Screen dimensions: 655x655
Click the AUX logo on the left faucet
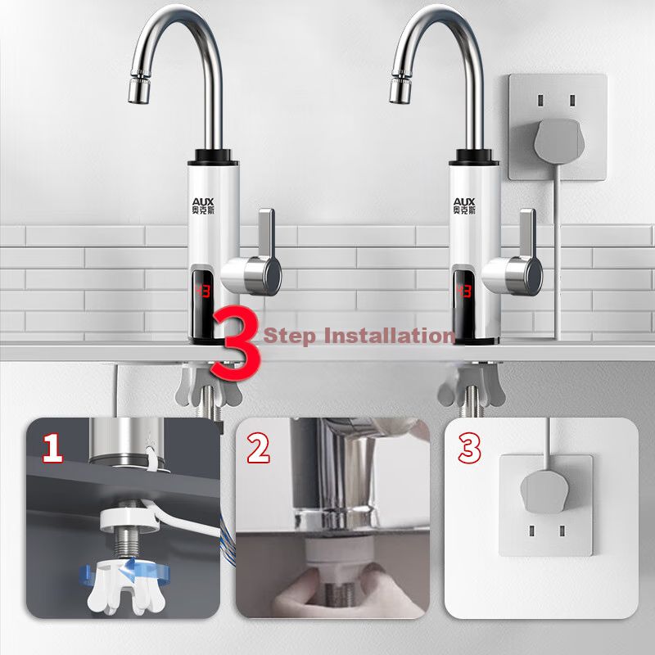[x=202, y=206]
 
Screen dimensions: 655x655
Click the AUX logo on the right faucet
[x=464, y=206]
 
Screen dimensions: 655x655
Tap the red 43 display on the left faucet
[x=202, y=291]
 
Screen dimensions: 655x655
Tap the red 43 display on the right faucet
[x=463, y=291]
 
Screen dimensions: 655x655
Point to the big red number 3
[x=236, y=343]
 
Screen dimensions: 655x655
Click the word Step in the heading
[x=289, y=336]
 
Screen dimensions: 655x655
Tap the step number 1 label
[x=53, y=448]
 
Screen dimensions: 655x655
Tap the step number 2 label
[x=258, y=448]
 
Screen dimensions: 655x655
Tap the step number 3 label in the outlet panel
[x=469, y=448]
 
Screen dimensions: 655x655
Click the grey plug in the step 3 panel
[x=544, y=492]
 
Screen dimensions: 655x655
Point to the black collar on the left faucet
[x=213, y=156]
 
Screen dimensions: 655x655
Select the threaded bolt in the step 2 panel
[x=339, y=592]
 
